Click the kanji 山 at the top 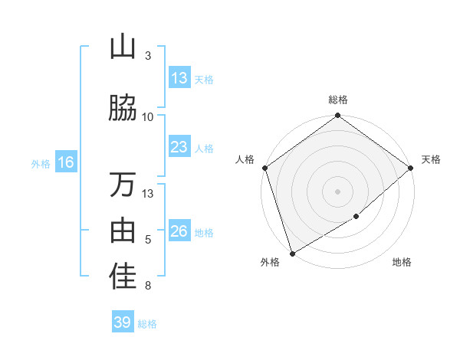click(x=123, y=47)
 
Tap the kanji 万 click(x=123, y=185)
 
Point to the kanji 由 click(x=123, y=231)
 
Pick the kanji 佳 click(x=123, y=277)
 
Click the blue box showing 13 click(x=179, y=78)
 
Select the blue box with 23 click(x=179, y=147)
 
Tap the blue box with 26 click(x=179, y=231)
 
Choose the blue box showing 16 click(x=65, y=162)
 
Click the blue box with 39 click(x=123, y=322)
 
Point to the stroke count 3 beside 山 click(x=148, y=55)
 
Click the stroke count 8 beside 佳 click(x=148, y=286)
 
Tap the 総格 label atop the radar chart click(x=338, y=100)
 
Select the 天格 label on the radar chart click(x=431, y=159)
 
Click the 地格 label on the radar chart click(x=402, y=263)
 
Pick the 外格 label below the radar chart click(x=270, y=263)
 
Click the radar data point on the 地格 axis click(x=356, y=217)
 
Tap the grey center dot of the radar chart click(x=338, y=191)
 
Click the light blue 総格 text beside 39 click(x=147, y=324)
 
